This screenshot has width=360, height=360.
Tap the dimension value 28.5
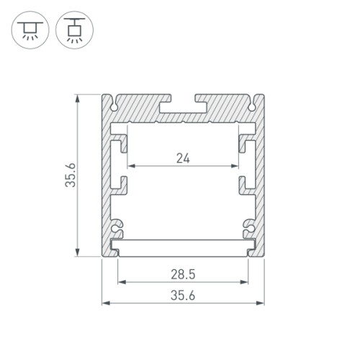tap(183, 274)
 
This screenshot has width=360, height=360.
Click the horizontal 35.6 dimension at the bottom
tap(183, 294)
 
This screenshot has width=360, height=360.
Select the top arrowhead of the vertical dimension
tap(77, 98)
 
